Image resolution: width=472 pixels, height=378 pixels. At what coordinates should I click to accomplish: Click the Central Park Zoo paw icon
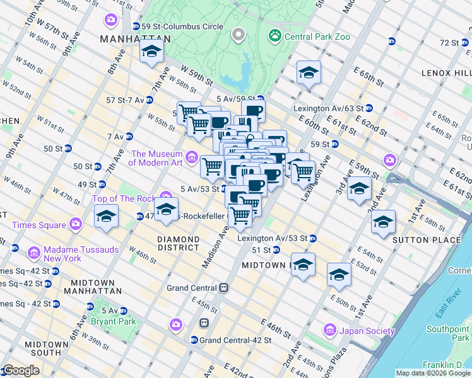274,36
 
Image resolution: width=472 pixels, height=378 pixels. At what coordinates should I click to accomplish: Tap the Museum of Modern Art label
156,158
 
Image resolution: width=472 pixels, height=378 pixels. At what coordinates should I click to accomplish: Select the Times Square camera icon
76,224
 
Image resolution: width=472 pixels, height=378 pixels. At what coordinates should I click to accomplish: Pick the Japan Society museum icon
329,330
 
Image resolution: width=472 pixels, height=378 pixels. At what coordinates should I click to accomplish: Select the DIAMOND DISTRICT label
178,244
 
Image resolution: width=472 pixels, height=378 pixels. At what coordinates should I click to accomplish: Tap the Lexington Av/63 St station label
328,108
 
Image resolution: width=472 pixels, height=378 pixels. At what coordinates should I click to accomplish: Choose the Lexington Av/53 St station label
272,239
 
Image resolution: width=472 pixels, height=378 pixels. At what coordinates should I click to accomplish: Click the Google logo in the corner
21,370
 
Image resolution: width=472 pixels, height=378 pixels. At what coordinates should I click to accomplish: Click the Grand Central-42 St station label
235,340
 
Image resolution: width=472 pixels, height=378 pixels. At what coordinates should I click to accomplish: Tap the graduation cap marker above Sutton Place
383,222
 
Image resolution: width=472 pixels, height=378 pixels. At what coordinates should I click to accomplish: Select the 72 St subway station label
449,42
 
